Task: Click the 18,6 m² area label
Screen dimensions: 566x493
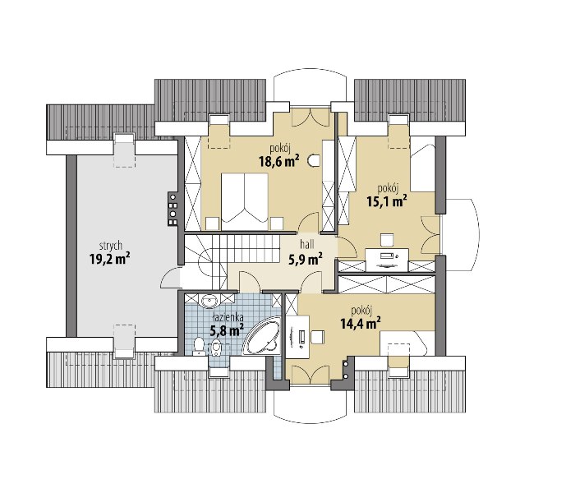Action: pyautogui.click(x=279, y=161)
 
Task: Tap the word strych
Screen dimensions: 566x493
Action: pyautogui.click(x=110, y=246)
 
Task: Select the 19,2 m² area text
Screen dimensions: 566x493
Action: pyautogui.click(x=110, y=259)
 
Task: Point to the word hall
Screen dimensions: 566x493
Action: pyautogui.click(x=307, y=245)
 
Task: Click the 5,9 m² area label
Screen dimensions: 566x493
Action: pyautogui.click(x=306, y=259)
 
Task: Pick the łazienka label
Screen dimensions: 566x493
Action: pyautogui.click(x=228, y=317)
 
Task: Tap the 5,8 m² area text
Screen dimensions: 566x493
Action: pyautogui.click(x=227, y=330)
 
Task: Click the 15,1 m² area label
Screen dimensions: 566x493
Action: pyautogui.click(x=387, y=200)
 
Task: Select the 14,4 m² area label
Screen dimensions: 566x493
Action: pyautogui.click(x=361, y=323)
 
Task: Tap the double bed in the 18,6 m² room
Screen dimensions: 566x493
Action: pyautogui.click(x=245, y=201)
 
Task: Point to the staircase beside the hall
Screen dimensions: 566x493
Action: pyautogui.click(x=220, y=261)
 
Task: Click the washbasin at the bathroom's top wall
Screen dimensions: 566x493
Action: pyautogui.click(x=209, y=302)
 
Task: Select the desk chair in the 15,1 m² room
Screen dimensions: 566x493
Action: pyautogui.click(x=387, y=239)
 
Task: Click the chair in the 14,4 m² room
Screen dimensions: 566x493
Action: pyautogui.click(x=318, y=337)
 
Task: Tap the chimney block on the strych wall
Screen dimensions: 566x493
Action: pyautogui.click(x=173, y=210)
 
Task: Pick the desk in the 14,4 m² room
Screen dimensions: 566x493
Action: pyautogui.click(x=298, y=337)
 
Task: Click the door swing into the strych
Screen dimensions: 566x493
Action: pyautogui.click(x=170, y=278)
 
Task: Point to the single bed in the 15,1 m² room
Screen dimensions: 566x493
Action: pyautogui.click(x=423, y=168)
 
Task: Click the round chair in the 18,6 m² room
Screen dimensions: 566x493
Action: pyautogui.click(x=314, y=160)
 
